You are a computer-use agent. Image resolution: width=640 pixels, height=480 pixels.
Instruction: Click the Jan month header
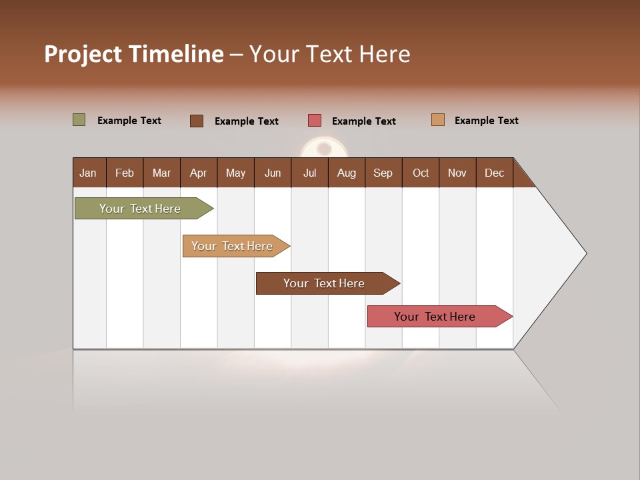89,173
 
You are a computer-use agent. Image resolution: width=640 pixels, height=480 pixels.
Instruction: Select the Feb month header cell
125,173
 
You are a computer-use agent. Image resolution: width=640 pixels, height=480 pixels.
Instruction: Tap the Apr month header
199,173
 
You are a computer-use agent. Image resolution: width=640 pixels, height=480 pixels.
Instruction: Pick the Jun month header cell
273,173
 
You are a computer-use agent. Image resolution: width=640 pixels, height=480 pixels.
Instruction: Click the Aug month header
347,173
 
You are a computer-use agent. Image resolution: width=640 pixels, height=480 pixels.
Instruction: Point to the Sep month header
383,173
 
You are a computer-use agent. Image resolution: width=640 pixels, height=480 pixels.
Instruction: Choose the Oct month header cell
421,173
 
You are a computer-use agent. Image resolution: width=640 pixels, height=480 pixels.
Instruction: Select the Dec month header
495,173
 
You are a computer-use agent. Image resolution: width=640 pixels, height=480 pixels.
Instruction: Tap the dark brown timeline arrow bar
325,283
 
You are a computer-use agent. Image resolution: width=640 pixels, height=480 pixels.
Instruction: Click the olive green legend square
79,120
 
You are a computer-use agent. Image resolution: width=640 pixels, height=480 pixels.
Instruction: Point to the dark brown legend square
197,121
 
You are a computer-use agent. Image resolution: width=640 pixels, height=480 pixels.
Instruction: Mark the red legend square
315,121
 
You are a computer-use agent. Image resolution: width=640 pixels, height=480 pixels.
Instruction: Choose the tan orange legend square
438,120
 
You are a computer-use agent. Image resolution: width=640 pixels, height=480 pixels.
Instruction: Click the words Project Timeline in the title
134,54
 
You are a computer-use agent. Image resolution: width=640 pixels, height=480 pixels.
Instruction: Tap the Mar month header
162,173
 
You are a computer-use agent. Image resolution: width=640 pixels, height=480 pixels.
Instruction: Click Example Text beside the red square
364,121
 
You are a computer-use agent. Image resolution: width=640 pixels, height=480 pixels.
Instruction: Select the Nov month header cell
457,173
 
